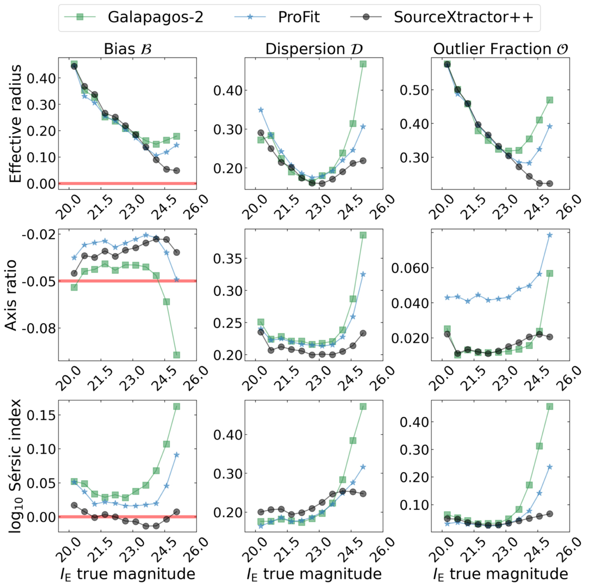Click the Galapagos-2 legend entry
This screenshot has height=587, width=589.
click(x=155, y=17)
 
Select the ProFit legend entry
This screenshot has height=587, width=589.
click(x=298, y=17)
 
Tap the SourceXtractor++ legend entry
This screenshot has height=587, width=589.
click(x=463, y=17)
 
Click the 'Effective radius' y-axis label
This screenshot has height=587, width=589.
click(x=16, y=124)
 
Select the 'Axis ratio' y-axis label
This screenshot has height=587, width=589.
click(x=11, y=295)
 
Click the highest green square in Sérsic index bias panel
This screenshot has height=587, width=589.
click(x=177, y=406)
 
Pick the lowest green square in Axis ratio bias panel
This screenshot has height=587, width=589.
click(x=177, y=355)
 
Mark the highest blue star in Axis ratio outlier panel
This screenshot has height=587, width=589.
click(x=550, y=235)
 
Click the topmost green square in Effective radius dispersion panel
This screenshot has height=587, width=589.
click(x=363, y=64)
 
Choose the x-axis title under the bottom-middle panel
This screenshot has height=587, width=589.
click(x=314, y=574)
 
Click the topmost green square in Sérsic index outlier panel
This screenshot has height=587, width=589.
click(x=550, y=406)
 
